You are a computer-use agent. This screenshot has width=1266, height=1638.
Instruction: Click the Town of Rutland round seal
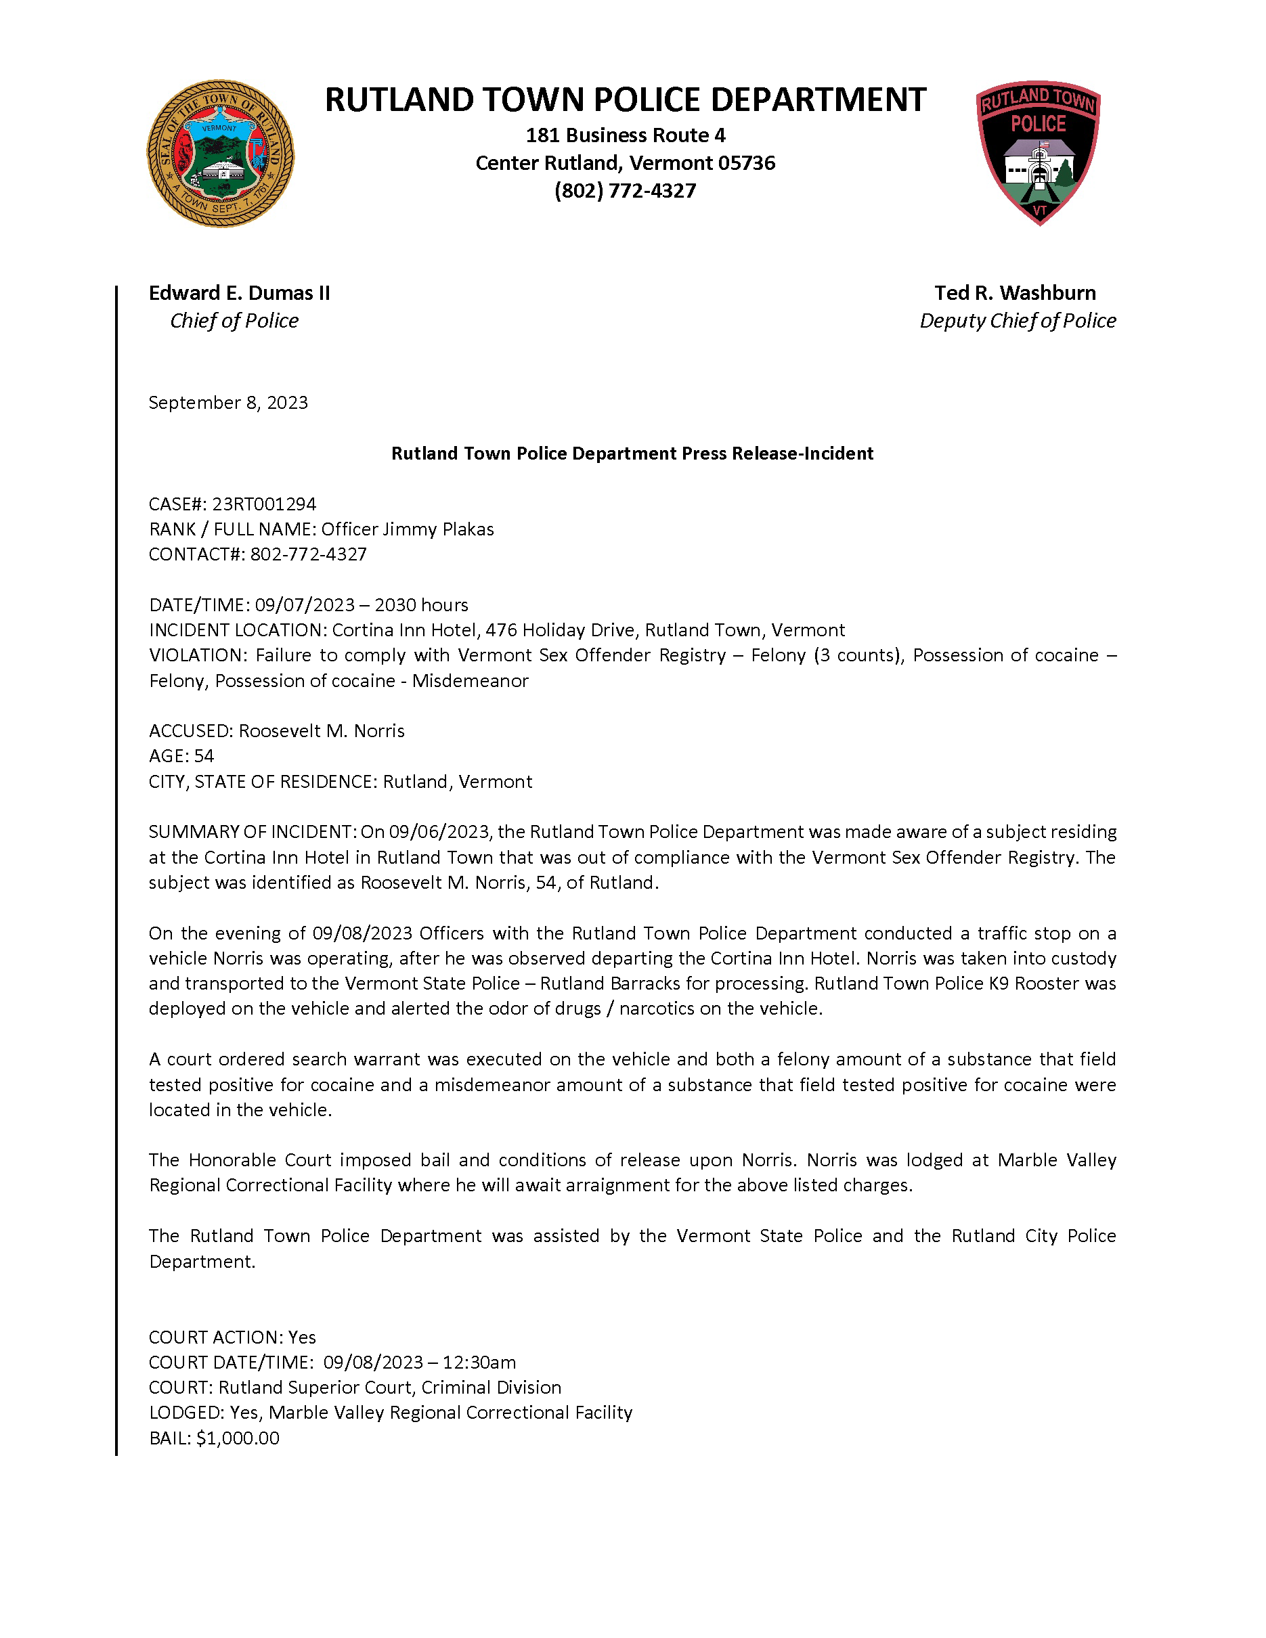tap(220, 154)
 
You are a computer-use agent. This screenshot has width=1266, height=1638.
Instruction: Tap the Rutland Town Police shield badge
tap(1038, 152)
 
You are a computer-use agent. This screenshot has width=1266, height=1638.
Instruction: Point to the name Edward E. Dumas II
tap(239, 293)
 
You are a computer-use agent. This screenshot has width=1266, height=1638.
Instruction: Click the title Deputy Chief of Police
tap(1017, 321)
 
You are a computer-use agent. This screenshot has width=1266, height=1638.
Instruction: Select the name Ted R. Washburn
tap(1015, 293)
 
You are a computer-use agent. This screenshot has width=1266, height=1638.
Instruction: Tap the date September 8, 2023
tap(228, 403)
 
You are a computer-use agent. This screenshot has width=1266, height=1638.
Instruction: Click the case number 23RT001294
tap(264, 504)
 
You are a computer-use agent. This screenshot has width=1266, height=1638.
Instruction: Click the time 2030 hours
tap(422, 605)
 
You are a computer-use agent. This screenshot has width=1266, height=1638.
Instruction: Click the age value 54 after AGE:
tap(204, 756)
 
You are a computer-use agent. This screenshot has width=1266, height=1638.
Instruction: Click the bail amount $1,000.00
tap(238, 1438)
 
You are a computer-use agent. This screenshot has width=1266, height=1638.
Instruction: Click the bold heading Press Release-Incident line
tap(632, 453)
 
